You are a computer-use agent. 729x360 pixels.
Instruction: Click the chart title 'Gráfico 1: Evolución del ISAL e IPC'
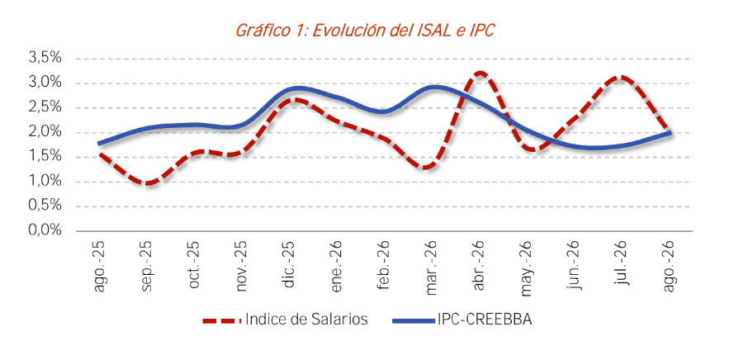coord(365,31)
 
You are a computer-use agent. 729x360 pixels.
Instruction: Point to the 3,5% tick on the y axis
coord(45,59)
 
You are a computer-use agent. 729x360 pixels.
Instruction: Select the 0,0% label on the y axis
coord(45,230)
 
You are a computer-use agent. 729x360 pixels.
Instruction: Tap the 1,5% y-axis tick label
coord(45,157)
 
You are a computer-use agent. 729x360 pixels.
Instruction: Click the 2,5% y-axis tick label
coord(45,107)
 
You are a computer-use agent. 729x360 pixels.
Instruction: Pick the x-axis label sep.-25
coord(146,266)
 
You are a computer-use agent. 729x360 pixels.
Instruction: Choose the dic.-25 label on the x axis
coord(289,265)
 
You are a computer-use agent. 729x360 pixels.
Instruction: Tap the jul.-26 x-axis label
coord(622,263)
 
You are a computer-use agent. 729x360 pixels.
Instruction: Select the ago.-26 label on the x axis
coord(670,267)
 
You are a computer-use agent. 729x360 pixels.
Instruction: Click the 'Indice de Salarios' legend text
coord(306,320)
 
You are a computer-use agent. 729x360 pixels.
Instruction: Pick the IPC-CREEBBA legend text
coord(484,320)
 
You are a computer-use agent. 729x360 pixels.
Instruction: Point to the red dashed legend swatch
coord(222,320)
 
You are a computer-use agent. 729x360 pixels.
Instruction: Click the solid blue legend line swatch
coord(414,320)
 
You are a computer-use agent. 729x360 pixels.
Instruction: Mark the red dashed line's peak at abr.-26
coord(480,73)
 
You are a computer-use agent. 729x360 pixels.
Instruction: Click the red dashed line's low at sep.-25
coord(146,183)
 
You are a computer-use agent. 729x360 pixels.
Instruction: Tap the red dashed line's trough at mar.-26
coord(430,167)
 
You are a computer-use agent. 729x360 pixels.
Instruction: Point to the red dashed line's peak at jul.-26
coord(621,78)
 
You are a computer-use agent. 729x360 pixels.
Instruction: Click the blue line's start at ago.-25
coord(98,144)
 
